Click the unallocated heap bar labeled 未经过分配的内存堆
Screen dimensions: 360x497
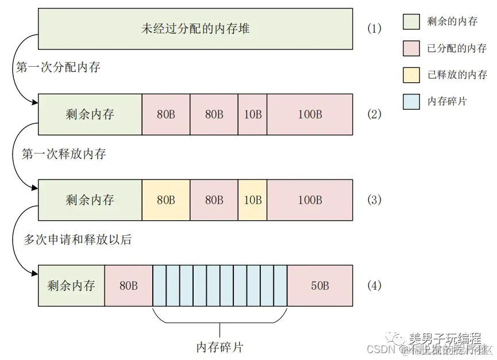coord(195,28)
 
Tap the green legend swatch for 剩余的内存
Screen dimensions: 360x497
coord(411,21)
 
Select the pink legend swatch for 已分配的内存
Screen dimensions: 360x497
coord(411,48)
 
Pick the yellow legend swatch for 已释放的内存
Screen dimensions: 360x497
coord(411,75)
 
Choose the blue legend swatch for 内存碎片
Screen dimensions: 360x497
coord(411,101)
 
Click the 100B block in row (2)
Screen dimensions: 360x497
coord(310,114)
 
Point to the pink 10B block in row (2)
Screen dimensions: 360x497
coord(252,114)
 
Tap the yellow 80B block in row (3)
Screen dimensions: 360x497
coord(165,200)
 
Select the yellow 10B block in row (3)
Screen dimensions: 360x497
coord(252,200)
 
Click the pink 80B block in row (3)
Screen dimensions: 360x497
coord(214,200)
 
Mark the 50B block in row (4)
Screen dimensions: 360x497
coord(320,285)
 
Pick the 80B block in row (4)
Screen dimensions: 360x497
coord(129,285)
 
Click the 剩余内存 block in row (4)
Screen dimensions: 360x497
coord(71,285)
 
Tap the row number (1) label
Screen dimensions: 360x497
coord(374,28)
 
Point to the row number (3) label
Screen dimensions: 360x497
coord(374,200)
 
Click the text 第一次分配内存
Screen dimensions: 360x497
coord(58,67)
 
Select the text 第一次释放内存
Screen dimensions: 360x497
coord(64,154)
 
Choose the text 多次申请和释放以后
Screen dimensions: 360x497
coord(77,239)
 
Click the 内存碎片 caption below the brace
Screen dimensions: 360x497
coord(220,347)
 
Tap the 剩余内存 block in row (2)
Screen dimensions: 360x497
coord(90,114)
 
